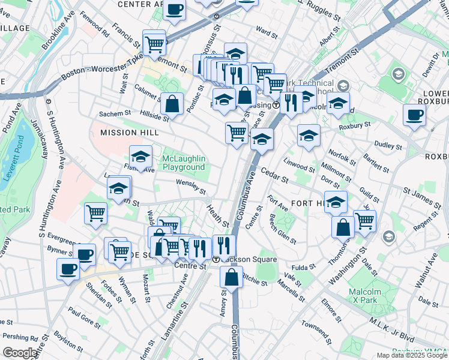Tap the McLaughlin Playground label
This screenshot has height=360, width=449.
pyautogui.click(x=184, y=163)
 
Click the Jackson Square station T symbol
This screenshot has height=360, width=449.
pyautogui.click(x=216, y=259)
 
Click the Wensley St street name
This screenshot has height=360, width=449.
pyautogui.click(x=191, y=187)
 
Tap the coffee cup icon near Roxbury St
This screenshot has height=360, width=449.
pyautogui.click(x=414, y=115)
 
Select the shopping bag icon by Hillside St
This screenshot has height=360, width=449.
pyautogui.click(x=172, y=103)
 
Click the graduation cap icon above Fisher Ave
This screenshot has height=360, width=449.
pyautogui.click(x=141, y=158)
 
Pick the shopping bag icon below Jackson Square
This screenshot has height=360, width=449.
pyautogui.click(x=231, y=277)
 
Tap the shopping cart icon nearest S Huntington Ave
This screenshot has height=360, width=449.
pyautogui.click(x=96, y=213)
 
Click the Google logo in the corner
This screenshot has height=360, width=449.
pyautogui.click(x=20, y=352)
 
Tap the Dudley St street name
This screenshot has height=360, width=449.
pyautogui.click(x=387, y=145)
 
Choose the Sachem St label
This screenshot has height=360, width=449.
pyautogui.click(x=115, y=113)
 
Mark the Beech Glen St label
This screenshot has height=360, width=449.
pyautogui.click(x=282, y=229)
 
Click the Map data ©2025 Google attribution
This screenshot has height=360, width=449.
pyautogui.click(x=411, y=355)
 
